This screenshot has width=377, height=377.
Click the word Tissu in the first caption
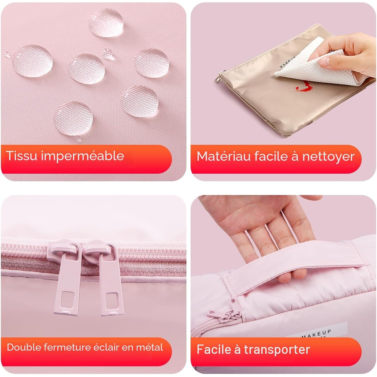coord(22,156)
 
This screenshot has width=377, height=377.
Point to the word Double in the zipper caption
coord(24,347)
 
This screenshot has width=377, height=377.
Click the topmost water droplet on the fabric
coord(106,22)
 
